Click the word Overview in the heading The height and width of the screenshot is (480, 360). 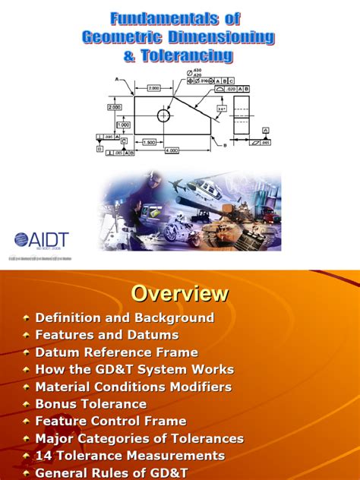pyautogui.click(x=179, y=293)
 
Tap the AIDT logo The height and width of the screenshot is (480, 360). pyautogui.click(x=42, y=240)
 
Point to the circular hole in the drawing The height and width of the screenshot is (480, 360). pyautogui.click(x=163, y=115)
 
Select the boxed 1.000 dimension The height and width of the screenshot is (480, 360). pyautogui.click(x=122, y=125)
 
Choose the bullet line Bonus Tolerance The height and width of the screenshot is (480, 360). pyautogui.click(x=91, y=404)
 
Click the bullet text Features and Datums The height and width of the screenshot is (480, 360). pyautogui.click(x=107, y=335)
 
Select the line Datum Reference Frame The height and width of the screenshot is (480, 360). pyautogui.click(x=116, y=352)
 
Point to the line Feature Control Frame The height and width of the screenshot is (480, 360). pyautogui.click(x=111, y=422)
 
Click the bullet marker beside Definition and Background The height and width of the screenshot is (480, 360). pyautogui.click(x=27, y=318)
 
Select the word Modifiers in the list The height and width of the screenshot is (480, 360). pyautogui.click(x=204, y=387)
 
